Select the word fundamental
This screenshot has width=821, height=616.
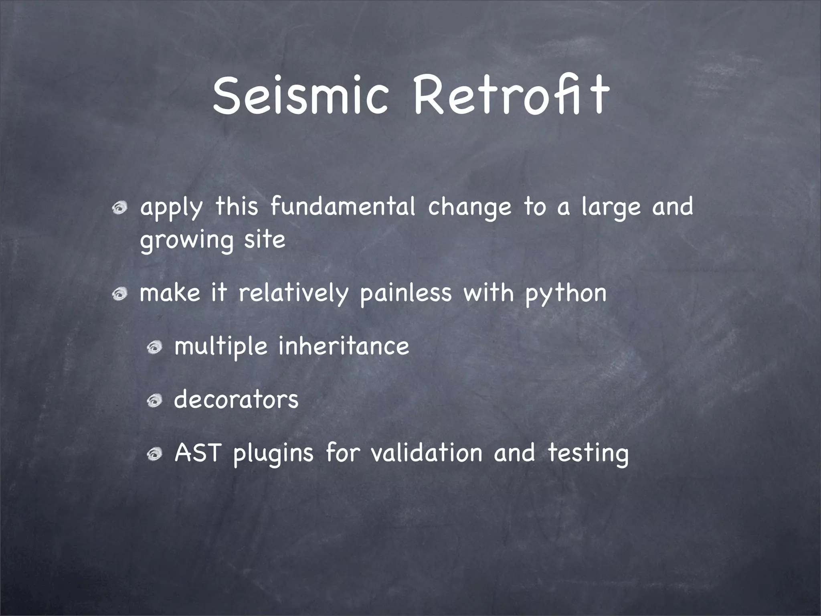pos(343,207)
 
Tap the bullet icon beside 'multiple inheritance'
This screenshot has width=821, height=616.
pos(154,347)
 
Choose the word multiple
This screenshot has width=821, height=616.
pos(221,347)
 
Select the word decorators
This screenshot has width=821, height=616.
pos(237,400)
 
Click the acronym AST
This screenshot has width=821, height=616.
pos(198,453)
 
